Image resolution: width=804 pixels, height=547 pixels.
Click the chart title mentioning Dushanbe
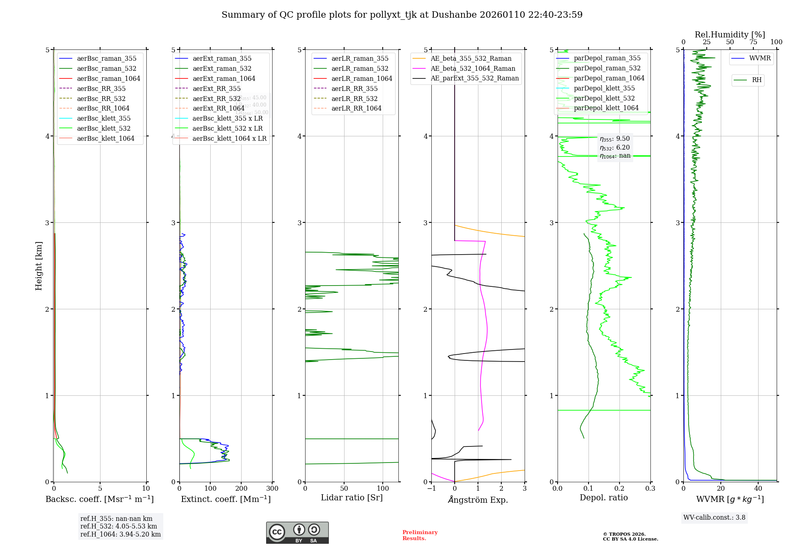(402, 15)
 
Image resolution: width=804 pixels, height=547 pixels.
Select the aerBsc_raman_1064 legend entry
(109, 78)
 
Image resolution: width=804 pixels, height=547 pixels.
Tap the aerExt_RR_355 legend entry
(217, 88)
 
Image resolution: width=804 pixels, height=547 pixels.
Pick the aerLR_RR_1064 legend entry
(356, 108)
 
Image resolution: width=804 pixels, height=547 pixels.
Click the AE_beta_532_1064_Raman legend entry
(473, 68)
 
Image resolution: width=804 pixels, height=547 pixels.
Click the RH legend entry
(757, 80)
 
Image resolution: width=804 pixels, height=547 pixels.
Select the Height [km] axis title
(39, 265)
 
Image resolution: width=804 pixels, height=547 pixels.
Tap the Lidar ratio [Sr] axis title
(352, 498)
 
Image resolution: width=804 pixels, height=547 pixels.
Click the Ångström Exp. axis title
(478, 500)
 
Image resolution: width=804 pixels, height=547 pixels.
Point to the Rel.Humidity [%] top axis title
(730, 35)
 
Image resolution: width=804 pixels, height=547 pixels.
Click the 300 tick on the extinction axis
(273, 488)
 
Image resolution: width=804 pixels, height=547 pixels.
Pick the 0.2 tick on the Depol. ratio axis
(619, 488)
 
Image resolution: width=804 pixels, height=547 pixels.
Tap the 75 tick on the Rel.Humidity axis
(753, 42)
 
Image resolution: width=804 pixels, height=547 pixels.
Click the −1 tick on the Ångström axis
(431, 488)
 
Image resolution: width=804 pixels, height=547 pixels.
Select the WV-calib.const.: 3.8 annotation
(714, 518)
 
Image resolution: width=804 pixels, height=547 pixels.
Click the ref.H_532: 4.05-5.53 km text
(119, 526)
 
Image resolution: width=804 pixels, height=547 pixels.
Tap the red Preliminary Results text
(420, 535)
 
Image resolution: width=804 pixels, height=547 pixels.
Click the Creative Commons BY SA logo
(297, 533)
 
